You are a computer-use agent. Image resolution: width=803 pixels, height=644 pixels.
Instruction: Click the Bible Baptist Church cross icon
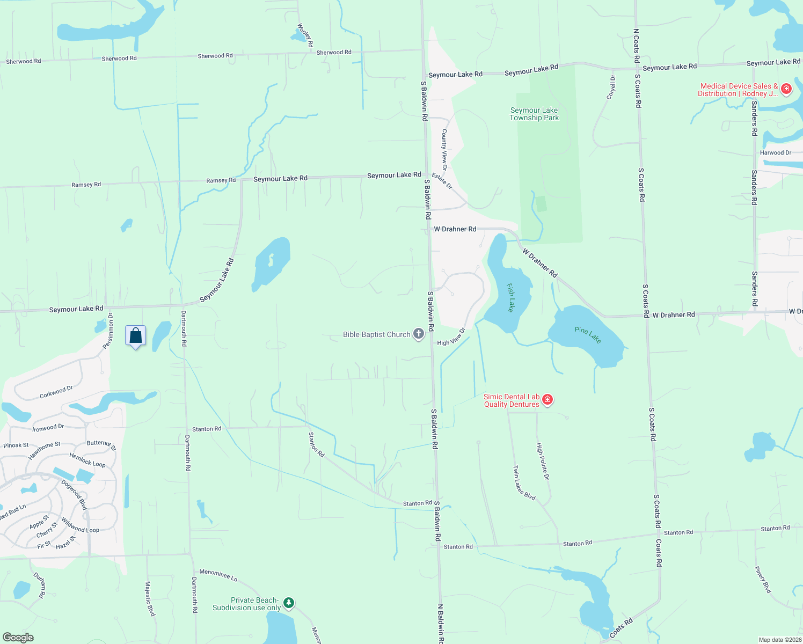[x=419, y=334]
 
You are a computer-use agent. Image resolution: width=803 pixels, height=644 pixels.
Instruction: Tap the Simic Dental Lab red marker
[x=547, y=400]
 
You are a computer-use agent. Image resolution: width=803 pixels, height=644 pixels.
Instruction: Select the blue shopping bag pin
[x=136, y=336]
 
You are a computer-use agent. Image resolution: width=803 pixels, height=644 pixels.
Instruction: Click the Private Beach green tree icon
[x=289, y=603]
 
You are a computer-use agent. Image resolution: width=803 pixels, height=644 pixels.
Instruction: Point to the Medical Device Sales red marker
[x=786, y=89]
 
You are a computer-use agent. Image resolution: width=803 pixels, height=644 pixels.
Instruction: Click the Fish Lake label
[x=510, y=298]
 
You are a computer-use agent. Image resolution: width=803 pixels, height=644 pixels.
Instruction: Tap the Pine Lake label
[x=588, y=335]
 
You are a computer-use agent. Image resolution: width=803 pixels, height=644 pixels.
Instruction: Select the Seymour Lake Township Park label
[x=534, y=114]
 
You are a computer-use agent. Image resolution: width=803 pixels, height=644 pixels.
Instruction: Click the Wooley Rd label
[x=305, y=35]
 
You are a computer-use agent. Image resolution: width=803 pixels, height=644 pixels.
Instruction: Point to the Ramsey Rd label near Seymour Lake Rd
[x=221, y=181]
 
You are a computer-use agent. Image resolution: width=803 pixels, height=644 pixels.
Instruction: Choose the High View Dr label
[x=451, y=337]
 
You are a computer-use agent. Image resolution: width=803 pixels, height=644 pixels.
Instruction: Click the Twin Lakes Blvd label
[x=524, y=483]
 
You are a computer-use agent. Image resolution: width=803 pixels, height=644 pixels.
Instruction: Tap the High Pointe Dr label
[x=543, y=462]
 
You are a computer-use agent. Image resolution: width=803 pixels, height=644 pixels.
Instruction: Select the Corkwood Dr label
[x=56, y=392]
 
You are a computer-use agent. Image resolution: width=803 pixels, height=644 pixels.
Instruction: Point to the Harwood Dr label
[x=775, y=153]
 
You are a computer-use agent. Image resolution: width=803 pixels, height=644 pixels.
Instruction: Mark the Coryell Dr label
[x=611, y=87]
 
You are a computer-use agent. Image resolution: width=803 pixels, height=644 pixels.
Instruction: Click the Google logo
[x=18, y=638]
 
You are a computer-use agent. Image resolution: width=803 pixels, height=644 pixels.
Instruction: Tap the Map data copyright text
[x=780, y=640]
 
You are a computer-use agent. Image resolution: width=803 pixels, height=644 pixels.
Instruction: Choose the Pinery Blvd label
[x=763, y=580]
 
